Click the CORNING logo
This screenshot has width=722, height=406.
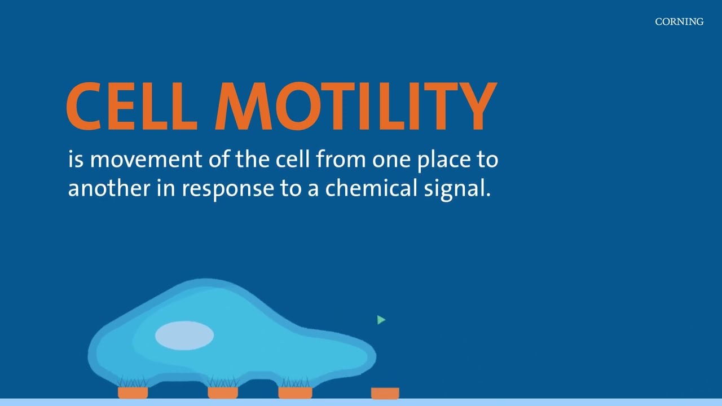pyautogui.click(x=679, y=22)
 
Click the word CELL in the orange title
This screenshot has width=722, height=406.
pyautogui.click(x=131, y=107)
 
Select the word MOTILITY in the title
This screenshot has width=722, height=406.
pyautogui.click(x=355, y=107)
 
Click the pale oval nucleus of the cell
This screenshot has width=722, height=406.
pyautogui.click(x=184, y=336)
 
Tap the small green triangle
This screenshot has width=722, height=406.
pyautogui.click(x=381, y=320)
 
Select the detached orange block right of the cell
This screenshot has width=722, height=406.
pyautogui.click(x=385, y=393)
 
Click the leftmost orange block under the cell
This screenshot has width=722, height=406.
pyautogui.click(x=133, y=392)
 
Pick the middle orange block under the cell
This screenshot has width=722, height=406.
pyautogui.click(x=223, y=392)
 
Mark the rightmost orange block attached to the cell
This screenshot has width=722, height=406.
pyautogui.click(x=295, y=392)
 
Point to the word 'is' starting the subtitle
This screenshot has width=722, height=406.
pyautogui.click(x=76, y=160)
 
